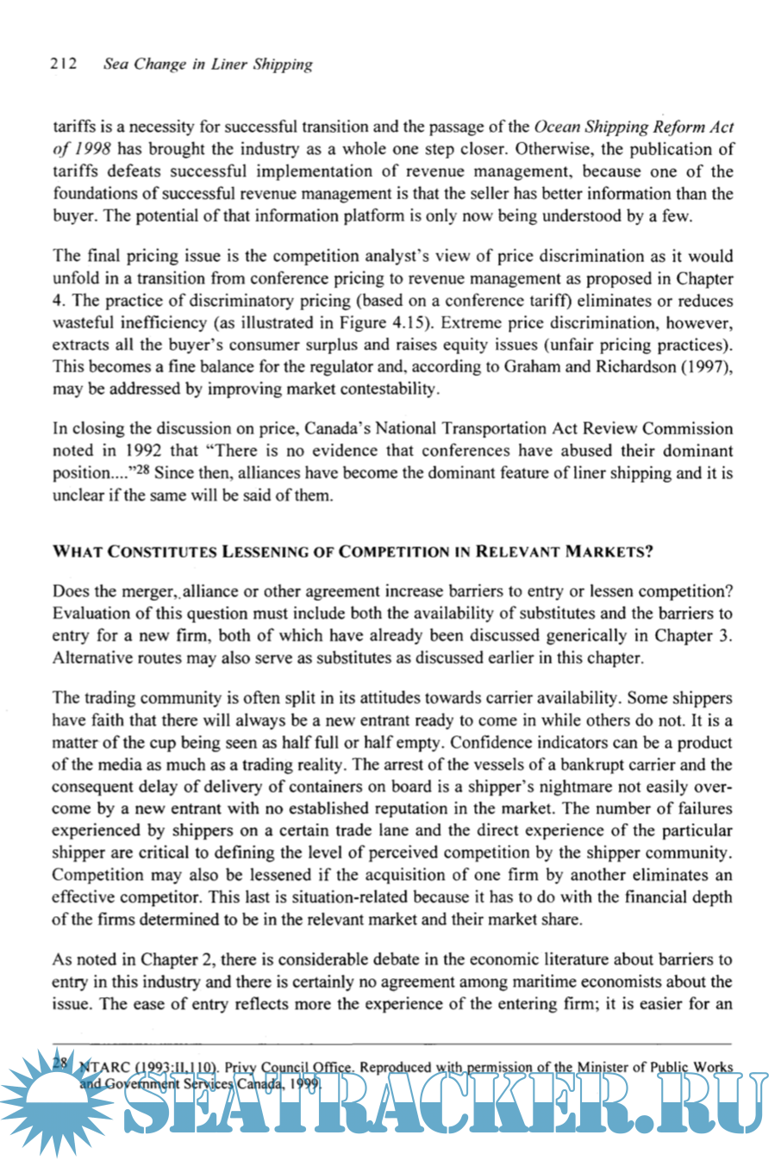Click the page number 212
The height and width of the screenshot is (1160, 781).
[64, 64]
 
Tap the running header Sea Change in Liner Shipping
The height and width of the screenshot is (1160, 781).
[208, 65]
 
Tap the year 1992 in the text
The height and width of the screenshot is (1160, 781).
[143, 451]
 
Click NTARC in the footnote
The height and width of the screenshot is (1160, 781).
[105, 1067]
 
